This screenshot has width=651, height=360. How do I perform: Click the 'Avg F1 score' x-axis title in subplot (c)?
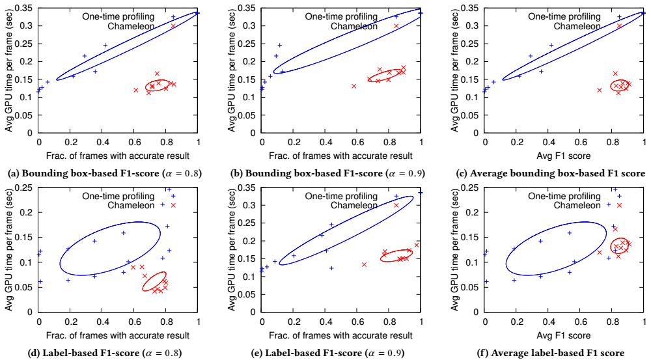pos(565,156)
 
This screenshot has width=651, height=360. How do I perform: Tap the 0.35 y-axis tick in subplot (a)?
pos(24,8)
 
